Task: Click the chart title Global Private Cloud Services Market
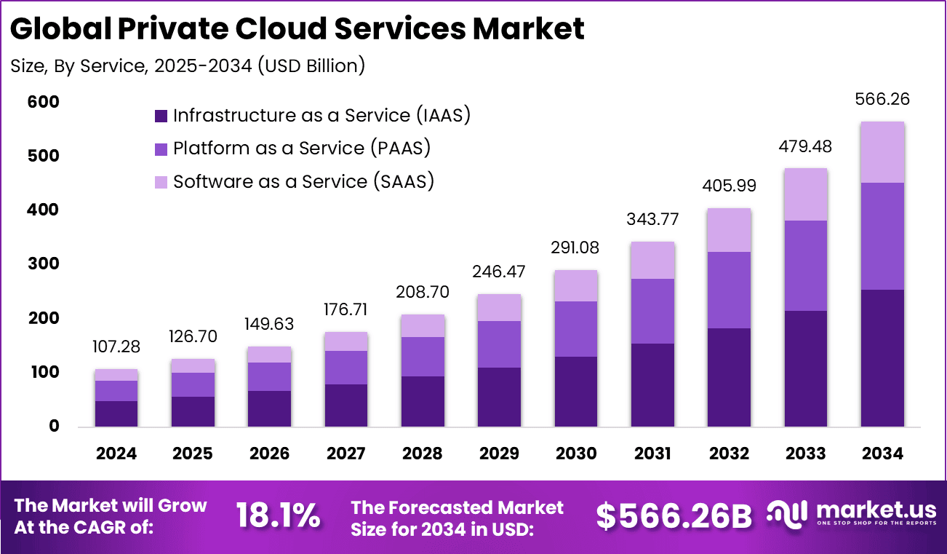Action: point(297,29)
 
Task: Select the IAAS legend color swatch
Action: point(161,116)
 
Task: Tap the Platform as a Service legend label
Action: point(302,149)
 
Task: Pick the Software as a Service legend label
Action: point(303,181)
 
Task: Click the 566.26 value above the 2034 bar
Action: point(883,100)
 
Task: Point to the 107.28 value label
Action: point(116,347)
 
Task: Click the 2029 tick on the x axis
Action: point(499,454)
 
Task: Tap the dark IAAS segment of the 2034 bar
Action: point(882,357)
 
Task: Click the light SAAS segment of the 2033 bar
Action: point(806,194)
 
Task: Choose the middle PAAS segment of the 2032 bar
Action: point(730,290)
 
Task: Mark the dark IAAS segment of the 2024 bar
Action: point(116,413)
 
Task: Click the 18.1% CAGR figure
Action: point(278,515)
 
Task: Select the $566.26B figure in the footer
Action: point(674,516)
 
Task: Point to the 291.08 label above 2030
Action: point(575,248)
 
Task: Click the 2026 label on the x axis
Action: point(269,454)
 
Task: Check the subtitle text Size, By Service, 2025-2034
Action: point(188,66)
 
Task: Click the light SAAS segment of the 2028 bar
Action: point(423,326)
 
